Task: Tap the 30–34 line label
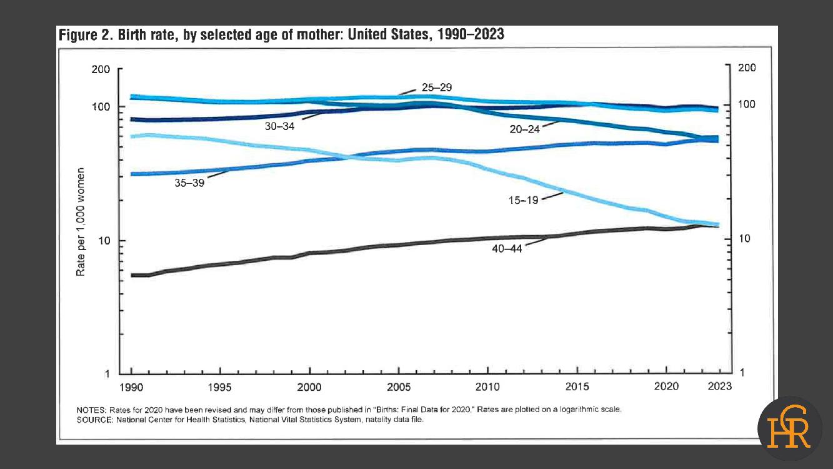point(279,126)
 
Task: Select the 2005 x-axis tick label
point(399,387)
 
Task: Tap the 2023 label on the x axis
point(719,386)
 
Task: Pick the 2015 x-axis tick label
point(577,387)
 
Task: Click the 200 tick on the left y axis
point(101,69)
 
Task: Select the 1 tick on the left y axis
point(107,374)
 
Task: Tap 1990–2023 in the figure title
point(467,34)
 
